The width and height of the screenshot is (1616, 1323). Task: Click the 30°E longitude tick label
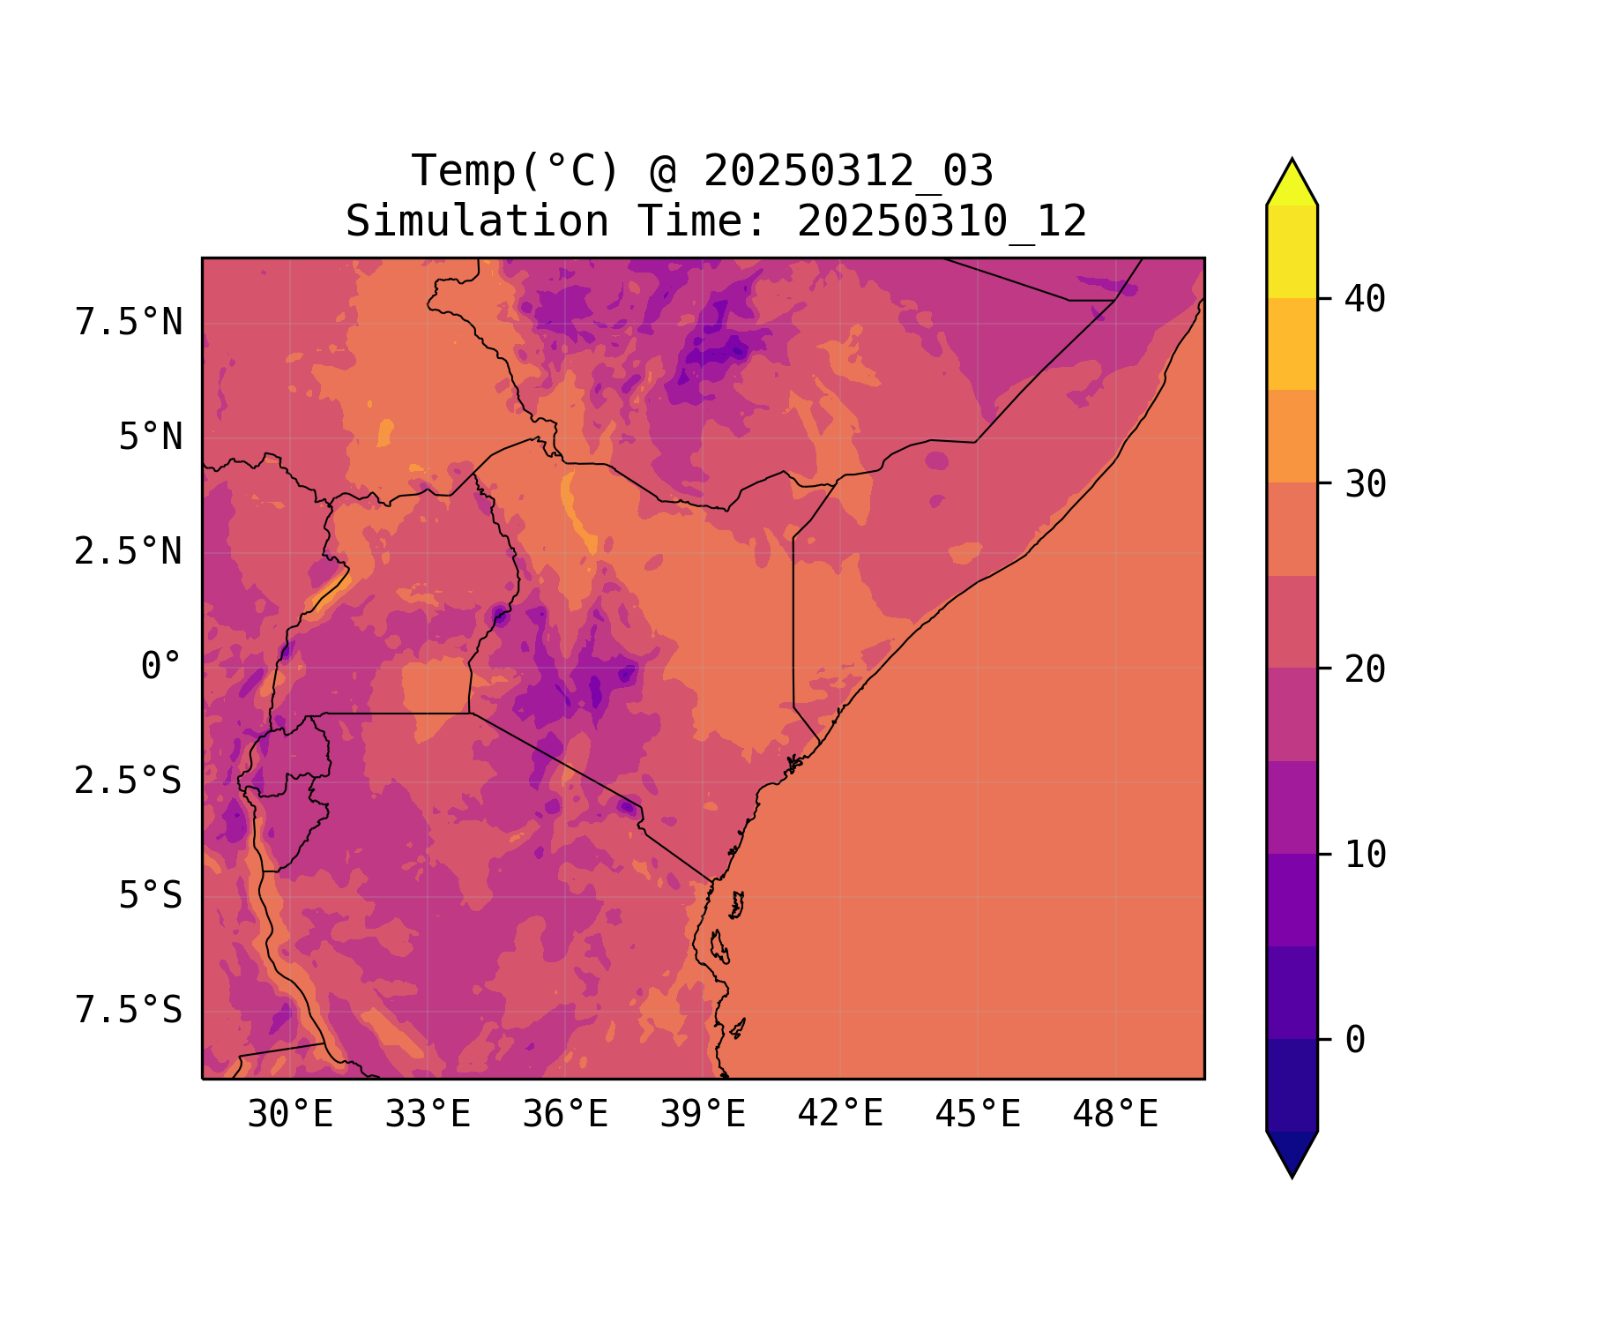[290, 1115]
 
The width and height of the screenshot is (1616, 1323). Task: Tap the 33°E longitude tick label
[428, 1115]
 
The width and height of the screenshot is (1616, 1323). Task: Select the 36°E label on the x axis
[565, 1115]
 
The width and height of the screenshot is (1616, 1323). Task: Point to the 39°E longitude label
[703, 1115]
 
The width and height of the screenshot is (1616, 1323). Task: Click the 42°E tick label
[840, 1114]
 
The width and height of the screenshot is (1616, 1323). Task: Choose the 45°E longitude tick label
[978, 1115]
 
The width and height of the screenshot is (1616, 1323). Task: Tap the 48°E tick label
[1115, 1115]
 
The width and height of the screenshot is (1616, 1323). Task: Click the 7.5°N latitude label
[129, 323]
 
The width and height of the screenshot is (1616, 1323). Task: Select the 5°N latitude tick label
[151, 437]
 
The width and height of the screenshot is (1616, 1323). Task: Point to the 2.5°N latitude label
[129, 552]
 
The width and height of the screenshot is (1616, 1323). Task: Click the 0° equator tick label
[161, 667]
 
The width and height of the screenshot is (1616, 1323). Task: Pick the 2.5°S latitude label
[129, 781]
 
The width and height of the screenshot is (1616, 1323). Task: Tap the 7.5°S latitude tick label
[129, 1011]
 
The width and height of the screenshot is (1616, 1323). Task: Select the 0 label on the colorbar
[1355, 1040]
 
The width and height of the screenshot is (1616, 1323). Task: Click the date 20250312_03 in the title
[848, 171]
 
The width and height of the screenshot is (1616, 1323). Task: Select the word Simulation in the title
[477, 221]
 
